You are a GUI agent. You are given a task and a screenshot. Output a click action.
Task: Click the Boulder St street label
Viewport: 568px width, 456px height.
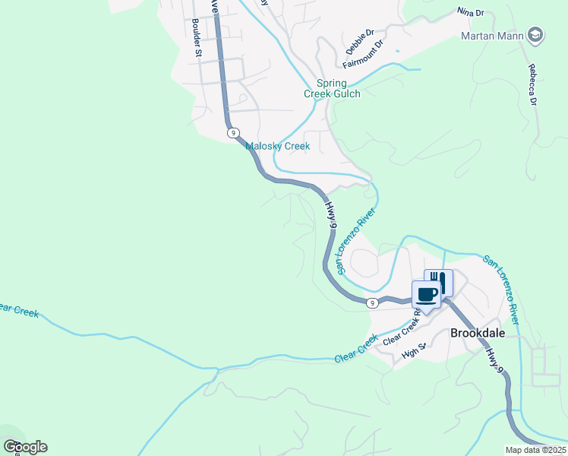pyautogui.click(x=195, y=38)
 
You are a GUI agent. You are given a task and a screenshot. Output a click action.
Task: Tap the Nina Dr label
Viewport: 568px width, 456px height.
pyautogui.click(x=470, y=12)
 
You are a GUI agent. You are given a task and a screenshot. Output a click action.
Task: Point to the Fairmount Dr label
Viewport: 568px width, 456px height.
pyautogui.click(x=364, y=52)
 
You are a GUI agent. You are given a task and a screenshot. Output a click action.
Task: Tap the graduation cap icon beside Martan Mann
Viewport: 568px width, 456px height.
pyautogui.click(x=535, y=35)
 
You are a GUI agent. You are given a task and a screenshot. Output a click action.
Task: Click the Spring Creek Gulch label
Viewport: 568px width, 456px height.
pyautogui.click(x=332, y=88)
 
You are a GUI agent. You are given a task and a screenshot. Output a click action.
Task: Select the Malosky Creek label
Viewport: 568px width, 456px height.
pyautogui.click(x=277, y=146)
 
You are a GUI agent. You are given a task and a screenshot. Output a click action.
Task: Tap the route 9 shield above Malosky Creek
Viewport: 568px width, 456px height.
pyautogui.click(x=232, y=132)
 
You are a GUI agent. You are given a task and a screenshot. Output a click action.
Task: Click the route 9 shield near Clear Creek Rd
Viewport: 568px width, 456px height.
pyautogui.click(x=371, y=303)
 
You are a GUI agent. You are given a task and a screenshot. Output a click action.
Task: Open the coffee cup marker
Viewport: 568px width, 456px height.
pyautogui.click(x=426, y=294)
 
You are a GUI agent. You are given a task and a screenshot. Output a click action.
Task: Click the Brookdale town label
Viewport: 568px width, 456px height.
pyautogui.click(x=478, y=333)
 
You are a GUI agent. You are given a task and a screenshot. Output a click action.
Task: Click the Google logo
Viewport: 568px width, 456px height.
pyautogui.click(x=24, y=447)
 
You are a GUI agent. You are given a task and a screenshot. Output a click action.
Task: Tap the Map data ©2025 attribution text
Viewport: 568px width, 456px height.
pyautogui.click(x=535, y=450)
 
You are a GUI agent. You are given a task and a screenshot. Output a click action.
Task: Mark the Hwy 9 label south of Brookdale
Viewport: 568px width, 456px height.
pyautogui.click(x=495, y=359)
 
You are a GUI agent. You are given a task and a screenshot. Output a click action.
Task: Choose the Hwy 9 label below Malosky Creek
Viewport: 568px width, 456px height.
pyautogui.click(x=330, y=214)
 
